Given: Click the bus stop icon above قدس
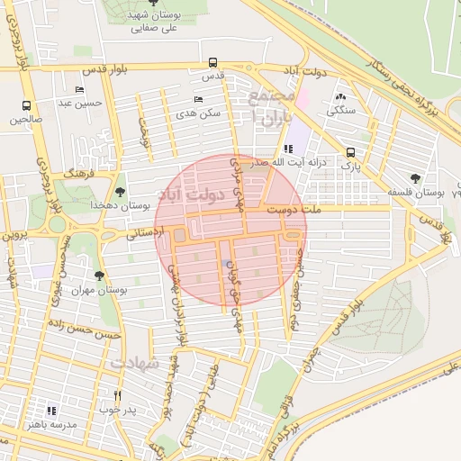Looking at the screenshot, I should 212,63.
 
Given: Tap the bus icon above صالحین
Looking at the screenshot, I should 26,104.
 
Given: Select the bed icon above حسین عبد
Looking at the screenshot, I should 80,89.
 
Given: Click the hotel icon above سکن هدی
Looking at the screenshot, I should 198,99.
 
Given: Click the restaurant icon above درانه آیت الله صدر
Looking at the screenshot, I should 287,149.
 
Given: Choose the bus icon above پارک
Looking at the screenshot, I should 350,152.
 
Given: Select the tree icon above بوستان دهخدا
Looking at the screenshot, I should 120,191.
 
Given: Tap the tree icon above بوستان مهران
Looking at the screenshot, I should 99,275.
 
